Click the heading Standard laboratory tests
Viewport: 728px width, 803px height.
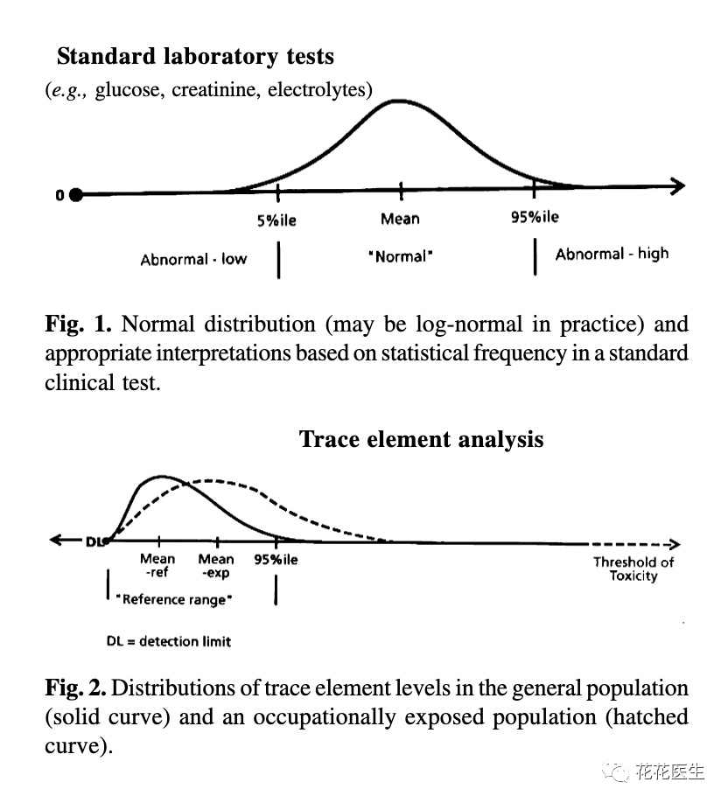(x=195, y=57)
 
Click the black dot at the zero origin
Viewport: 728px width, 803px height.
(x=76, y=195)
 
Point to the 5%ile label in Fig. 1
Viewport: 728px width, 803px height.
(x=276, y=220)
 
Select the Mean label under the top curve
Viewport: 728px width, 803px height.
(x=400, y=219)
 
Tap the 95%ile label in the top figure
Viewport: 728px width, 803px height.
(x=535, y=217)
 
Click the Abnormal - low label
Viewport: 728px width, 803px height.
(x=193, y=259)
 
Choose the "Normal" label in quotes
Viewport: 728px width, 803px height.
(x=400, y=257)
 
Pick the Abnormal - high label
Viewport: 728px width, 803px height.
(x=612, y=254)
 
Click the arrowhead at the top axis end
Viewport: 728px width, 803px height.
(x=677, y=185)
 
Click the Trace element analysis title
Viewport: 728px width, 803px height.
(x=421, y=438)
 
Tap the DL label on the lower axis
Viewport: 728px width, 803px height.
(x=94, y=541)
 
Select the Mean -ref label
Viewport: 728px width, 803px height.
(x=157, y=566)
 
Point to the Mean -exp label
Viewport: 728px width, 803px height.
(x=216, y=566)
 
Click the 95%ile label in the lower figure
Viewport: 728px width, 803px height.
(x=276, y=559)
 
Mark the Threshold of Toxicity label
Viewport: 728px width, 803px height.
(x=633, y=569)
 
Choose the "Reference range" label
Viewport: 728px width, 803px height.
(x=174, y=599)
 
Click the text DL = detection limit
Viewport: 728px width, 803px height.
(x=169, y=641)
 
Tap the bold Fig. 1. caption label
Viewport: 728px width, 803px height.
(x=78, y=325)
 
